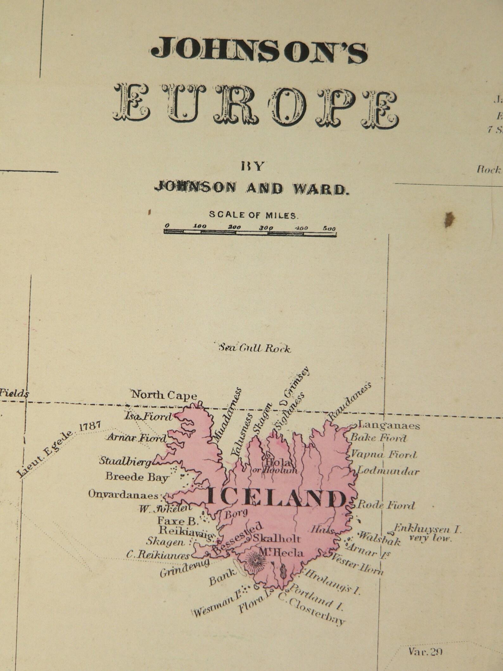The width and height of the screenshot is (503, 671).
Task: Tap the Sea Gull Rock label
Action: click(x=255, y=349)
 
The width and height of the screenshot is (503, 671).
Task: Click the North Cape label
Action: click(x=164, y=395)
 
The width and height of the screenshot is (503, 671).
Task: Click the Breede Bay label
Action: click(x=137, y=477)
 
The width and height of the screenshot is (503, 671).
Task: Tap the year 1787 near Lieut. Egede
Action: click(x=90, y=426)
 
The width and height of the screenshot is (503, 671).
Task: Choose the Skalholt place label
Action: click(x=276, y=538)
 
